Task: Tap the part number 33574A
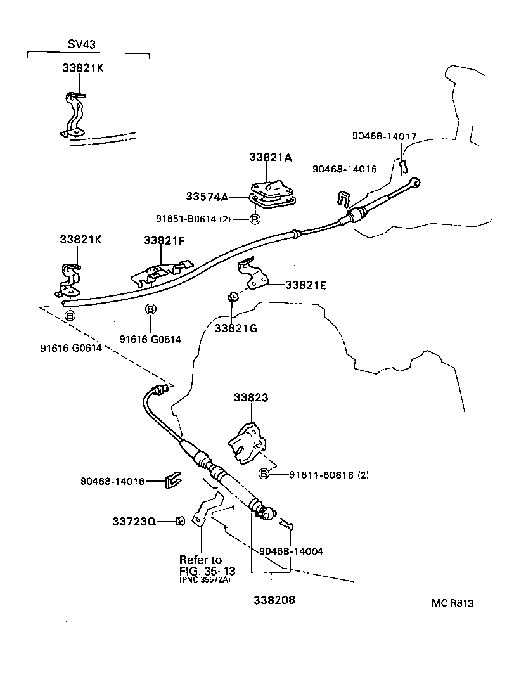point(207,197)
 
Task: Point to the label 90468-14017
point(384,135)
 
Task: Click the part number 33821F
point(164,240)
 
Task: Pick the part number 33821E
point(305,285)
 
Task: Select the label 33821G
point(235,328)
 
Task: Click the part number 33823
point(251,397)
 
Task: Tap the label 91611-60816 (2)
point(329,475)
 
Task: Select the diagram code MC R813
point(452,603)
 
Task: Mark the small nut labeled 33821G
point(233,295)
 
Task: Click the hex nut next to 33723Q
point(179,521)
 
